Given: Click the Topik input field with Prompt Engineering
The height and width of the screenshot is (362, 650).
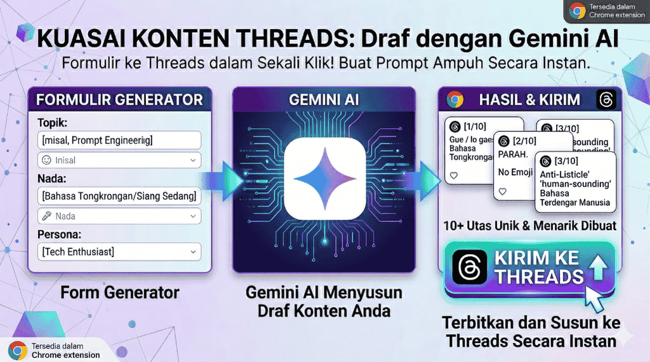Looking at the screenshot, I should pos(119,140).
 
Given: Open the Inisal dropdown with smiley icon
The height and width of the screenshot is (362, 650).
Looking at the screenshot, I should pos(119,160).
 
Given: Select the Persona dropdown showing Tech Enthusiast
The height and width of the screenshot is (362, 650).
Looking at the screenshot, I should pos(119,252).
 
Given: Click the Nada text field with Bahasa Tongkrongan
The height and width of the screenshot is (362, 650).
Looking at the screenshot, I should pos(119,196).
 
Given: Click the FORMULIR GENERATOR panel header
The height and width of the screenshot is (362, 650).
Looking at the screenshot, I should pos(119,100).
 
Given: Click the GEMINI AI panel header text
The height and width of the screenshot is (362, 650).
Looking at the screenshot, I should pos(324,100).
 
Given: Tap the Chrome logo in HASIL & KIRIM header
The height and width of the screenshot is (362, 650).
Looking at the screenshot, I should pos(454,100).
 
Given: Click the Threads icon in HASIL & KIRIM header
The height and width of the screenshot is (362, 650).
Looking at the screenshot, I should pos(606,100).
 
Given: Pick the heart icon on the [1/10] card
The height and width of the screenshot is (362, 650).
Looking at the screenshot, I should pos(453,176).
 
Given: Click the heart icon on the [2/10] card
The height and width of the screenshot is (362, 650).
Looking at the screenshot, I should pos(503,191).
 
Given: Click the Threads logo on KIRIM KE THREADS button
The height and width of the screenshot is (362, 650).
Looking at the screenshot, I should pos(470,267).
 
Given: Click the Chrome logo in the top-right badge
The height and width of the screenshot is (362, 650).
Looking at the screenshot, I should pos(577,11).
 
